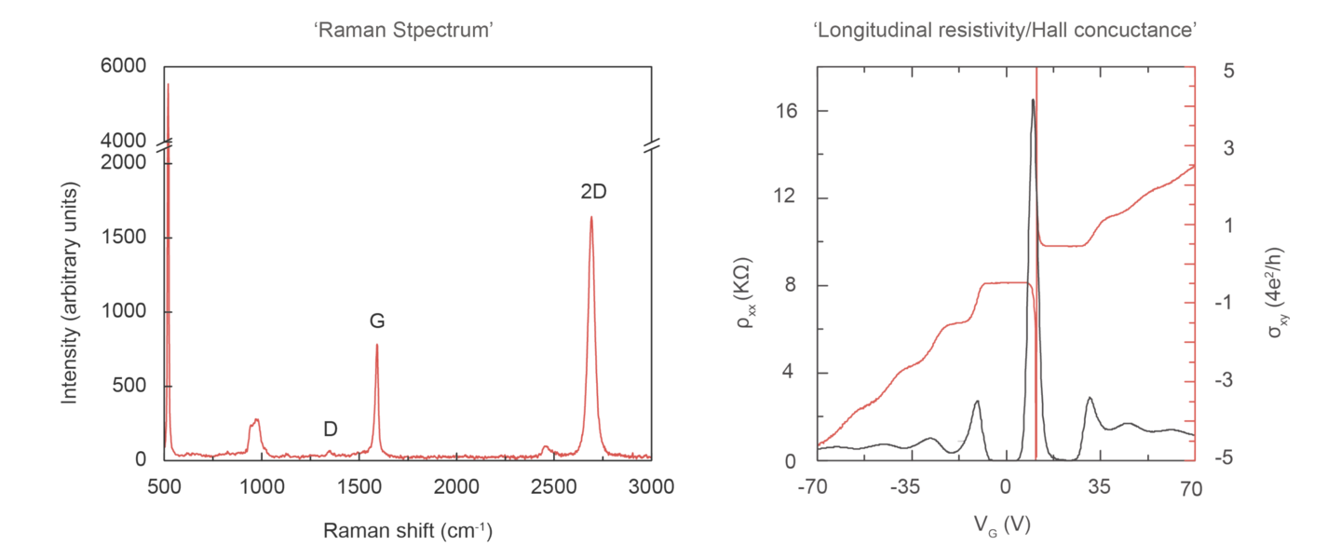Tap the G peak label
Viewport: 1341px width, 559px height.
click(377, 321)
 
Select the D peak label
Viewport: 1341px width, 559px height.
click(330, 429)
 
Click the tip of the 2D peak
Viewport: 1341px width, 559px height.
click(591, 218)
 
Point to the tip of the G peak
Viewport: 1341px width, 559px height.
click(377, 345)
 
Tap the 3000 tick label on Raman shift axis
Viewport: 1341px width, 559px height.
click(651, 487)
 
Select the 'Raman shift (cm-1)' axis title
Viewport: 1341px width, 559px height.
click(407, 532)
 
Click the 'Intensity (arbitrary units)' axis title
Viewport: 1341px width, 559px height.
click(69, 293)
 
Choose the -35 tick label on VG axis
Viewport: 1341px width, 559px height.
click(906, 487)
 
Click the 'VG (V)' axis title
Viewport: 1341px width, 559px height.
click(1004, 525)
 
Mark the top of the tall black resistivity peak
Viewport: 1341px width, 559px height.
click(1032, 100)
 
